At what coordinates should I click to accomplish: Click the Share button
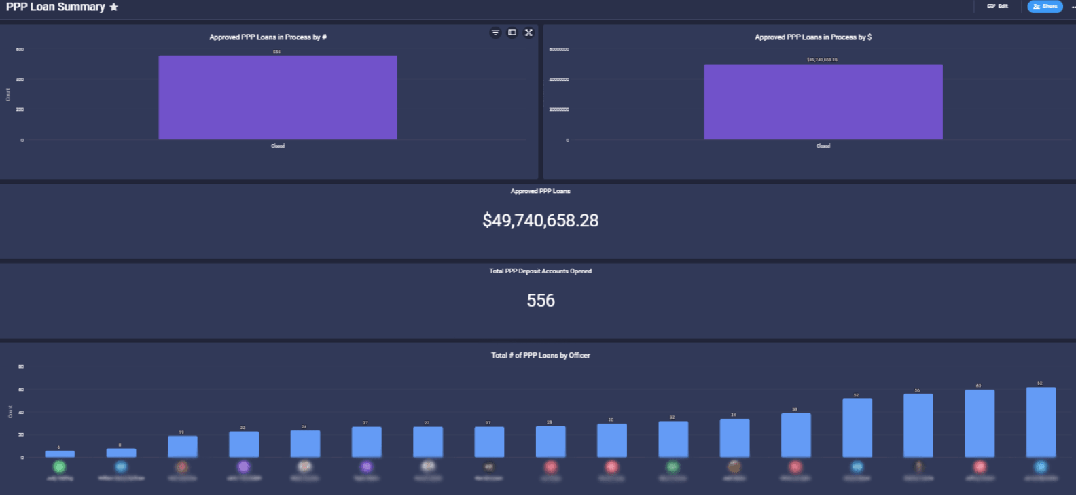1045,7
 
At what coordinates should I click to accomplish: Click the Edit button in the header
998,7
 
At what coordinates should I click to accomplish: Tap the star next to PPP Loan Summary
114,7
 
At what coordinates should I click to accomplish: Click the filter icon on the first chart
495,33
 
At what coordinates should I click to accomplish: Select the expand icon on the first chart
528,33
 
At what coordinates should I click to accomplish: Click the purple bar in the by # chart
278,98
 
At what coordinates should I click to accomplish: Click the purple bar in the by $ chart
823,102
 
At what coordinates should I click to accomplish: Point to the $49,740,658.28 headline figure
541,220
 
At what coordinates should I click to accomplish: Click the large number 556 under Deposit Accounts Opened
541,301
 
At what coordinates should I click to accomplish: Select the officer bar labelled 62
1041,422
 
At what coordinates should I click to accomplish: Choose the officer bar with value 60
980,424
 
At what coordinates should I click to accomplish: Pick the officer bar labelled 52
857,428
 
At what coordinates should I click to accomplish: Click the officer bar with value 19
183,446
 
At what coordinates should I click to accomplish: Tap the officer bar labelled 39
795,435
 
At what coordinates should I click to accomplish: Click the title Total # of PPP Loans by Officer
541,356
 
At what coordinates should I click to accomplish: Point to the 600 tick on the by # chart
20,50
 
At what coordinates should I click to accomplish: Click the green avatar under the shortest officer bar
59,467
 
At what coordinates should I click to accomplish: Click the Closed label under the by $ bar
823,146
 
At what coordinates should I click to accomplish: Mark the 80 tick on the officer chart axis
21,367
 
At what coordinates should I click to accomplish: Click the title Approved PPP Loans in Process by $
813,37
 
